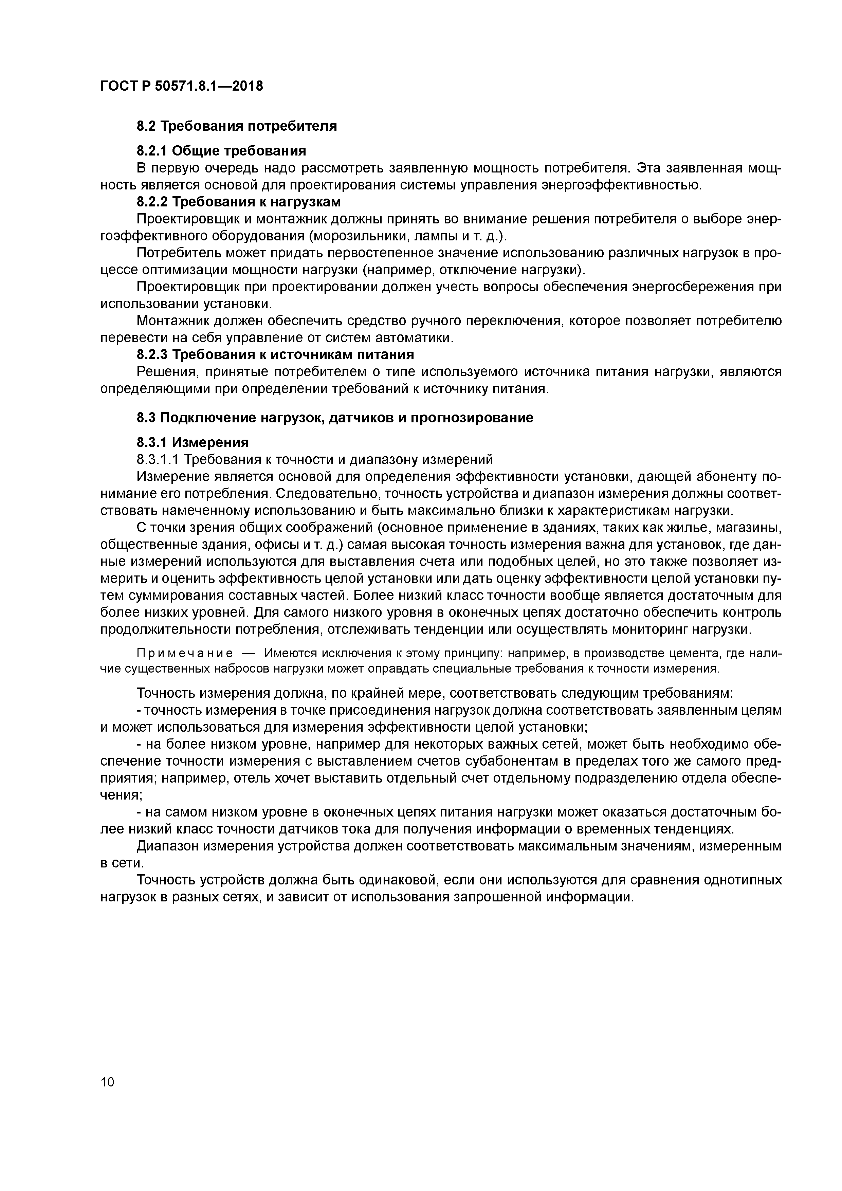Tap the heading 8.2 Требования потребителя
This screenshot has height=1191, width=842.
point(237,126)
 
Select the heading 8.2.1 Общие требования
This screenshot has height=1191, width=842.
point(221,151)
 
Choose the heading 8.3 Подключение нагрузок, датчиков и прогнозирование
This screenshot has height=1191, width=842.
point(335,418)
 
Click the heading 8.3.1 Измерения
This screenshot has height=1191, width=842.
point(193,442)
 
